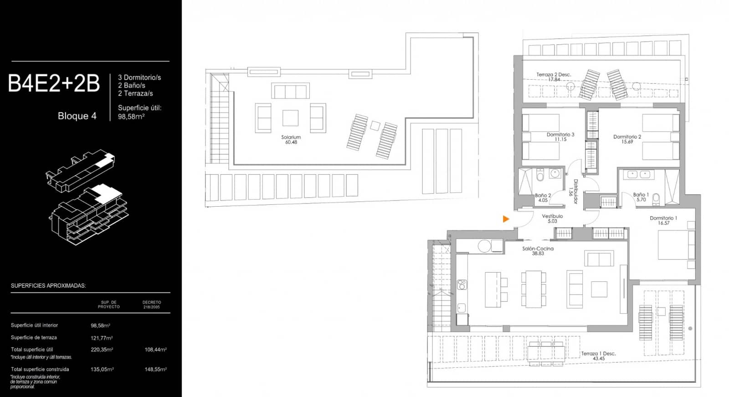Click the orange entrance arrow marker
[x=506, y=219]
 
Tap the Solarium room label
[x=291, y=139]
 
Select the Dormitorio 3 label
[x=560, y=137]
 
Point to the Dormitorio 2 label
[x=627, y=139]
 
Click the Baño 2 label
[x=543, y=198]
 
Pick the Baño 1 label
[x=641, y=197]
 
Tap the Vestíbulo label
[x=552, y=219]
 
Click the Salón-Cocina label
[x=538, y=251]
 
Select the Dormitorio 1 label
[x=663, y=220]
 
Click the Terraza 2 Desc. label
[x=554, y=77]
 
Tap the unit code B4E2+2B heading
[x=54, y=84]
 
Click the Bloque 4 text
[x=77, y=116]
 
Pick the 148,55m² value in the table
[x=155, y=369]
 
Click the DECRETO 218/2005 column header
[x=152, y=305]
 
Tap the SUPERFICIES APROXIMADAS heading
[x=48, y=286]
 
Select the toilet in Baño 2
[x=540, y=174]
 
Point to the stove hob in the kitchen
[x=462, y=285]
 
